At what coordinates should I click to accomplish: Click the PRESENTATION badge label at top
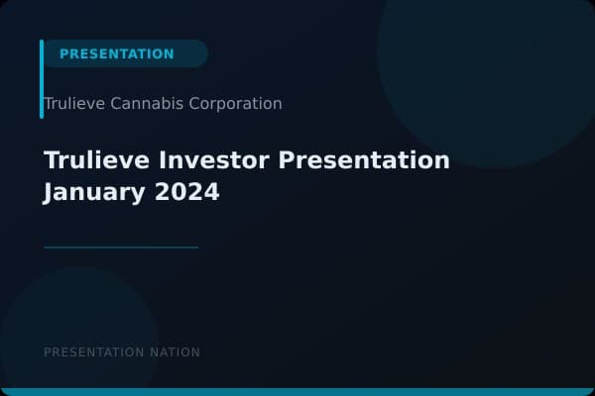click(x=117, y=53)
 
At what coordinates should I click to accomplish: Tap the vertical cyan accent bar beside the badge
click(x=42, y=79)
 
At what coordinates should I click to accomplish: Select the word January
click(x=94, y=192)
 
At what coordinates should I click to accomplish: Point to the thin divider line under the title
click(x=121, y=247)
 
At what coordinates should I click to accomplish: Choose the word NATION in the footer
click(x=176, y=352)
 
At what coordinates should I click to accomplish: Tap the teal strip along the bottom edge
click(x=297, y=392)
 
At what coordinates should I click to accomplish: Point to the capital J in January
click(x=50, y=192)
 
